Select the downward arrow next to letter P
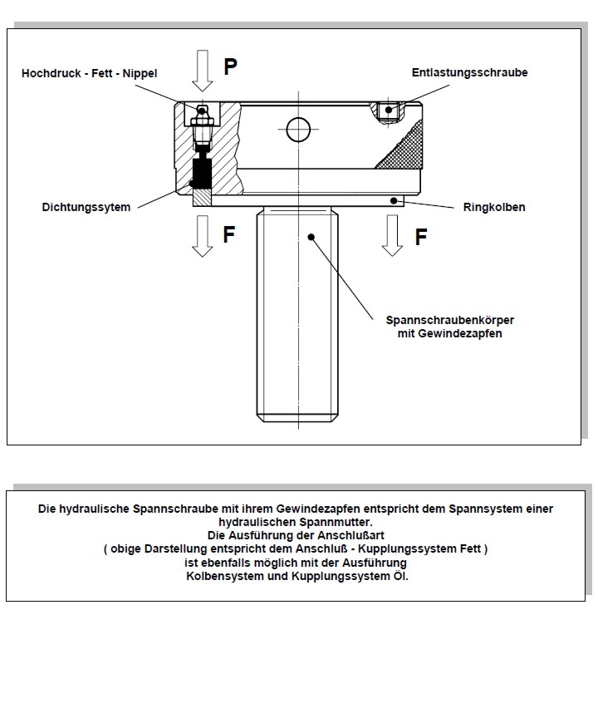(202, 70)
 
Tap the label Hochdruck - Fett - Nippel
(89, 74)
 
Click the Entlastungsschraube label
(469, 73)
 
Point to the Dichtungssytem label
(86, 207)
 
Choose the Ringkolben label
(494, 207)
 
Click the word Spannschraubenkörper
(449, 320)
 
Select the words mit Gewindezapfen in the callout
(449, 333)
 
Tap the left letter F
(229, 235)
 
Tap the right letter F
(421, 238)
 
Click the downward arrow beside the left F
(202, 236)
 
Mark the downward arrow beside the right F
(391, 236)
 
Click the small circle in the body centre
(297, 129)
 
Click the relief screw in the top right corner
(388, 111)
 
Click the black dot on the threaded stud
(311, 237)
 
